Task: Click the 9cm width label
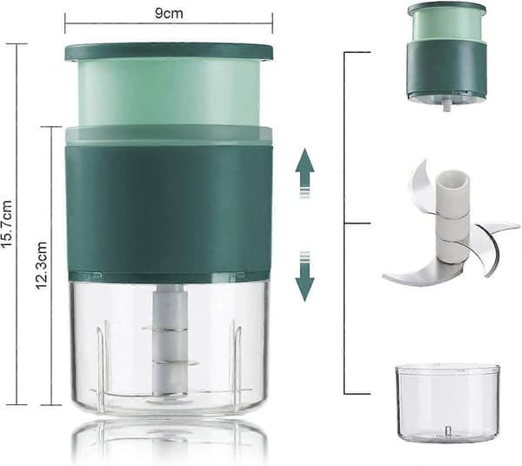click(x=169, y=14)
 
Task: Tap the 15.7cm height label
click(x=7, y=223)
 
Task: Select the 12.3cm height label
click(x=42, y=265)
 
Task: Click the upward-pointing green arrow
click(x=304, y=173)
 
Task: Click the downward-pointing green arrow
click(x=304, y=276)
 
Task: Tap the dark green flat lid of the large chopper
click(x=169, y=52)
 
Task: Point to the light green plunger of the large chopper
click(x=169, y=93)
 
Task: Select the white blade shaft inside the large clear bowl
click(x=171, y=339)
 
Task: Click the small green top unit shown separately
click(x=447, y=53)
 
